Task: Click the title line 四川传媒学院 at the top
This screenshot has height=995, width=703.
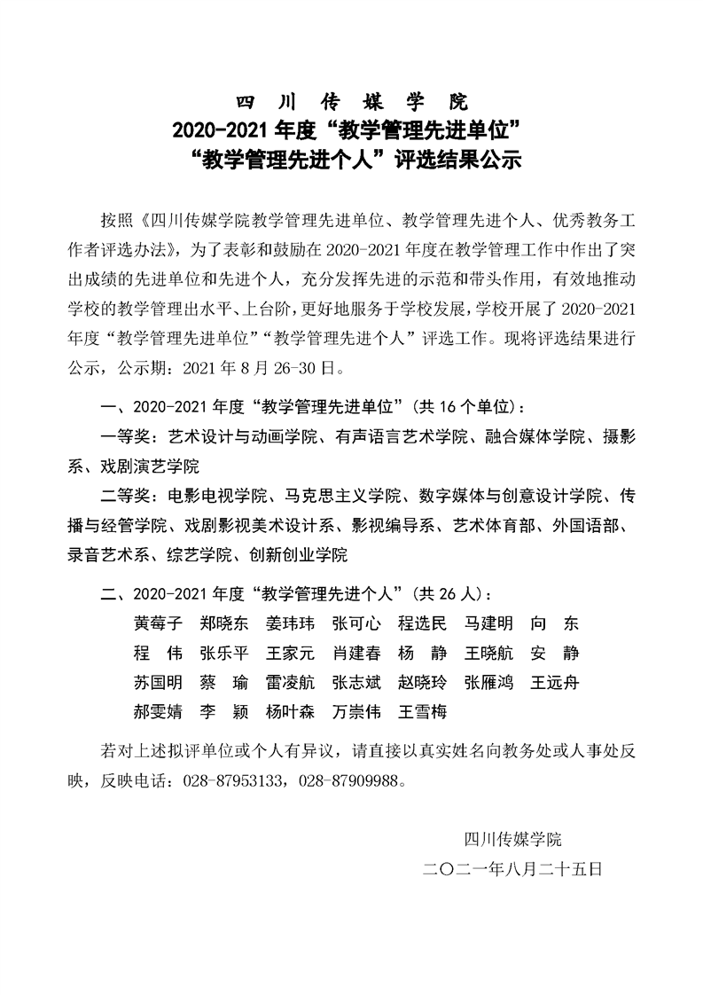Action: tap(351, 100)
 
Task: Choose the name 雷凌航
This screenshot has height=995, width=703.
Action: tap(290, 683)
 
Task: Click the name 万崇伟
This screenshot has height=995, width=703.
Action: tap(355, 712)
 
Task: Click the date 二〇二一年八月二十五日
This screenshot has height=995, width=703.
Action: tap(513, 870)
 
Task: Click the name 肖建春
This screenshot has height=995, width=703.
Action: tap(355, 654)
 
